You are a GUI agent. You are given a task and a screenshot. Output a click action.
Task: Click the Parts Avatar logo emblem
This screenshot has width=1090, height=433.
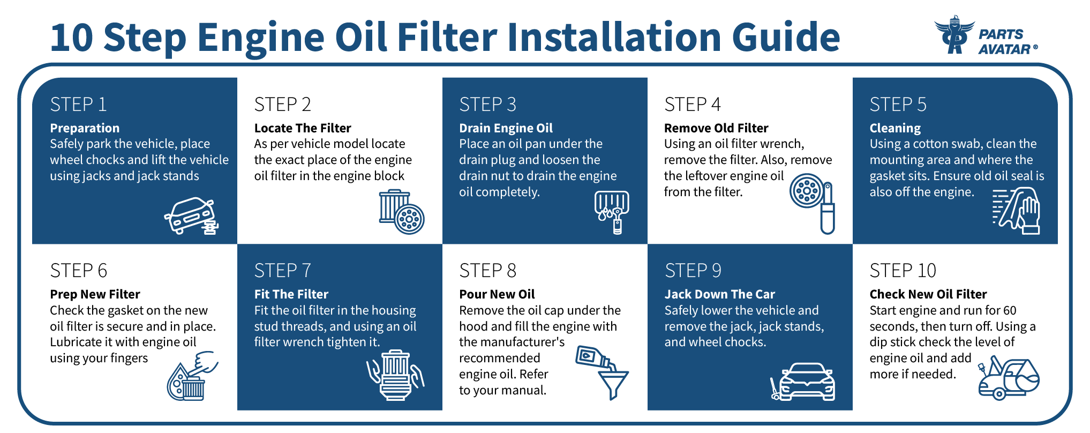click(x=954, y=35)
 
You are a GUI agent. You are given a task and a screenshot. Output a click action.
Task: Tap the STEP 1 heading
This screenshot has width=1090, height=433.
click(x=78, y=104)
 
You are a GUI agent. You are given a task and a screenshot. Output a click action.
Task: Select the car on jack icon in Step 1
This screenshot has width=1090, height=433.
click(x=191, y=216)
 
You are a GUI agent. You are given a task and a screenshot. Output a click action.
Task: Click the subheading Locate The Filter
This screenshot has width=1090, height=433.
click(x=303, y=128)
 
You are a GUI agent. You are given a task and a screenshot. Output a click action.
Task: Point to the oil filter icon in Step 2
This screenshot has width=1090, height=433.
click(x=402, y=212)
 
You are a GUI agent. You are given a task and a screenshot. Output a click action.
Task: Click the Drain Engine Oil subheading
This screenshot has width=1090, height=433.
click(x=506, y=128)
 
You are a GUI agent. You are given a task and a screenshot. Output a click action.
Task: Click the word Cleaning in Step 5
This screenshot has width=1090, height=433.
click(x=894, y=128)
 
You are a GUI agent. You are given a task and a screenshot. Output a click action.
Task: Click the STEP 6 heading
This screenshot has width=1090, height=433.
click(x=78, y=271)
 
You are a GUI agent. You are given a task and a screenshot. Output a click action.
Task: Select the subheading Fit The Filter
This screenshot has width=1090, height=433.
click(x=291, y=294)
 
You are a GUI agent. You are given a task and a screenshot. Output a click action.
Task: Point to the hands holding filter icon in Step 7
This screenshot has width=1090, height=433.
click(x=395, y=375)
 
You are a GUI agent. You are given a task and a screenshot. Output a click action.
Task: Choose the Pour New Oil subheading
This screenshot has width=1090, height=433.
click(x=497, y=294)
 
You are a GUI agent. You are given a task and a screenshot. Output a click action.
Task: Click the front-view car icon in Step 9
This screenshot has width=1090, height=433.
click(x=806, y=382)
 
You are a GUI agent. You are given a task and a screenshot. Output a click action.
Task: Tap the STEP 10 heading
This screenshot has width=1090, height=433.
click(x=903, y=271)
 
